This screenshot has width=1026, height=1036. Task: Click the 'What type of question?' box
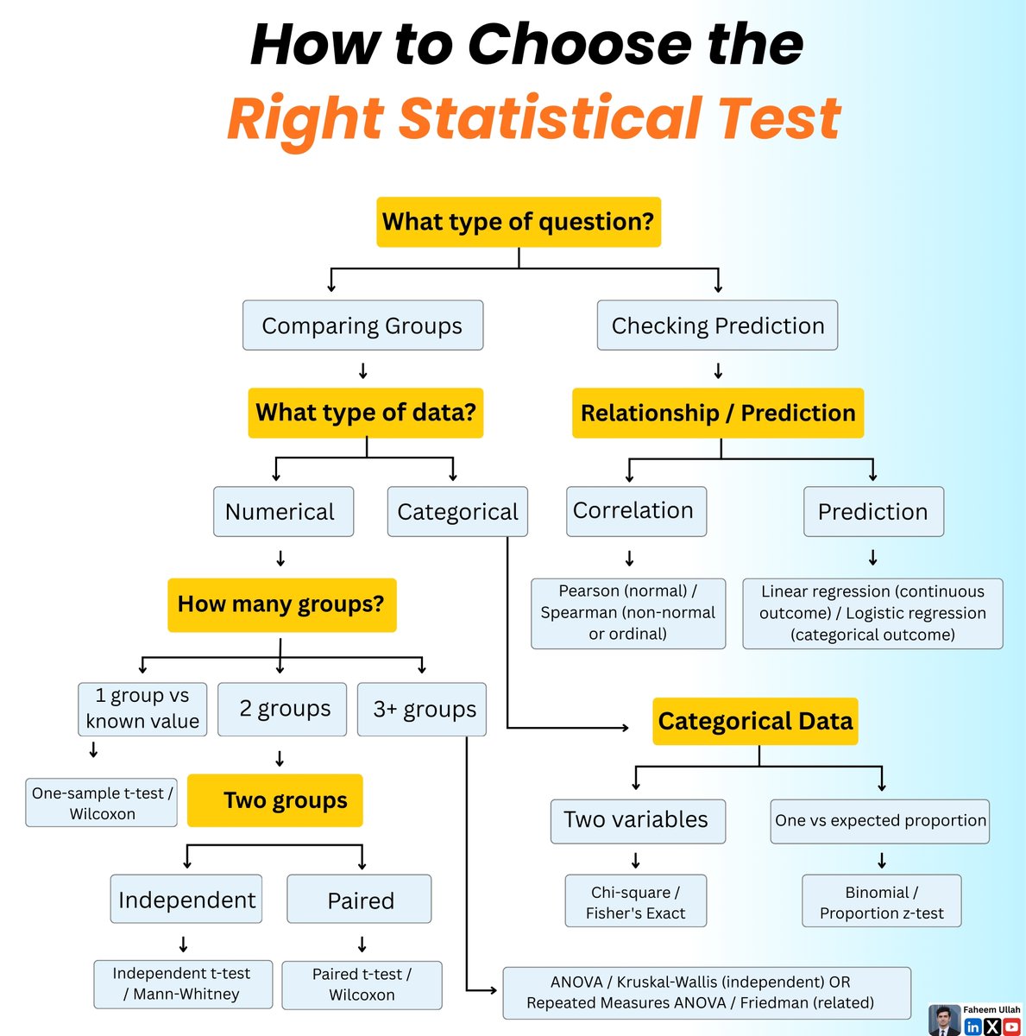coord(519,222)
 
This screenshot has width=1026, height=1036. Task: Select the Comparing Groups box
coord(362,325)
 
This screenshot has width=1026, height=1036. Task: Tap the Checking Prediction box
coord(717,325)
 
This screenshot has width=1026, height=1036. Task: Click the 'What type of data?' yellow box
coord(366,413)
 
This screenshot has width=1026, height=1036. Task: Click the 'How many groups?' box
coord(281,604)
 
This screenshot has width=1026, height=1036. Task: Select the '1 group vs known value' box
coord(143,709)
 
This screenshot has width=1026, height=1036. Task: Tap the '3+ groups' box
coord(422,710)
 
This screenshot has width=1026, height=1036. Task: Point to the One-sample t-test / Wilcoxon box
coord(102,803)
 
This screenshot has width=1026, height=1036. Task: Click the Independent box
coord(186,900)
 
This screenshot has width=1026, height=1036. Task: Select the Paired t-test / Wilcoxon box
coord(362,985)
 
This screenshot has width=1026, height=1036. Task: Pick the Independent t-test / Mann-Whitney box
coord(182,984)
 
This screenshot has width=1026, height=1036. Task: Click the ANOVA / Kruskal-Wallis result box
coord(706,993)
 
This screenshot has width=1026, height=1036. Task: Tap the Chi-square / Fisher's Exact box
coord(635,902)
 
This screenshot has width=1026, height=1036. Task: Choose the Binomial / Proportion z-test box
coord(881,902)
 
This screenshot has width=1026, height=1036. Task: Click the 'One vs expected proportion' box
coord(880,820)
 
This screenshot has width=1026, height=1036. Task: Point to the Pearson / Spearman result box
coord(628,613)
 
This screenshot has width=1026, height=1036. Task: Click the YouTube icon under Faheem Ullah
coord(1011,1027)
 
